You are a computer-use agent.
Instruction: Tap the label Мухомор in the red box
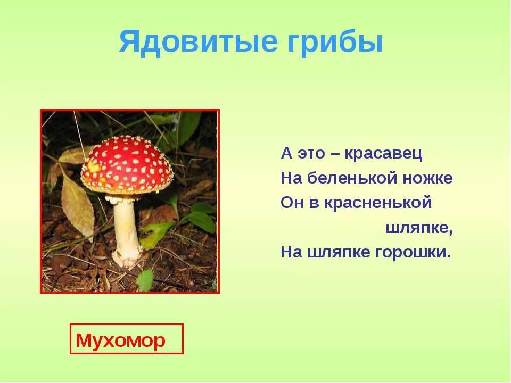tap(121, 340)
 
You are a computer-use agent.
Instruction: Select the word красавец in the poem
tap(383, 154)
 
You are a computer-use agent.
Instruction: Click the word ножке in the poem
tap(426, 179)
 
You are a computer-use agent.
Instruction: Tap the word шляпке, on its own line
tap(418, 228)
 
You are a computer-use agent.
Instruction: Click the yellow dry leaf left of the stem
tap(77, 205)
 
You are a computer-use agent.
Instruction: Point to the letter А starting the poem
tap(286, 154)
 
